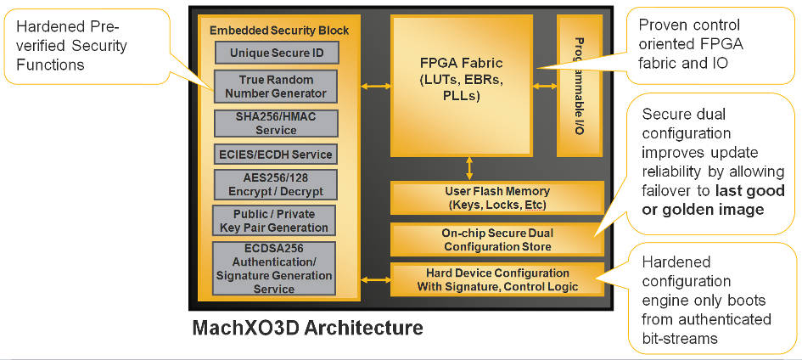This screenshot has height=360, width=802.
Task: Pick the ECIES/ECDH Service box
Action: (x=275, y=155)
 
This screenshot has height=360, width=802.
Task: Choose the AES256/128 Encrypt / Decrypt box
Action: (x=275, y=183)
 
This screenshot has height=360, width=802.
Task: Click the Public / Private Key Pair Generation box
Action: (x=275, y=221)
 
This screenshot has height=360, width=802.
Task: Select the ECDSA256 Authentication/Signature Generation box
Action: (x=275, y=268)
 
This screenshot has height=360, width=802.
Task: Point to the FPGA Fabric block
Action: (x=467, y=85)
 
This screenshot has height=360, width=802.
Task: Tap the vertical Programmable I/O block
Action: (x=579, y=85)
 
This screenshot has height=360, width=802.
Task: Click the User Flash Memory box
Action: (x=496, y=197)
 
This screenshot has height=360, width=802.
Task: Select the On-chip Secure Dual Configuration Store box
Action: (x=496, y=239)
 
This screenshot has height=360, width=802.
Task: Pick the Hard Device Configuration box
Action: (x=496, y=279)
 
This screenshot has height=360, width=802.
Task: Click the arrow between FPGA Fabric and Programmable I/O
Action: (x=545, y=85)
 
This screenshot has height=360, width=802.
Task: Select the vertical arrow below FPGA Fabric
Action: (x=468, y=168)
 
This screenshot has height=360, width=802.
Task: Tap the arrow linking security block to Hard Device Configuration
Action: (x=374, y=279)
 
